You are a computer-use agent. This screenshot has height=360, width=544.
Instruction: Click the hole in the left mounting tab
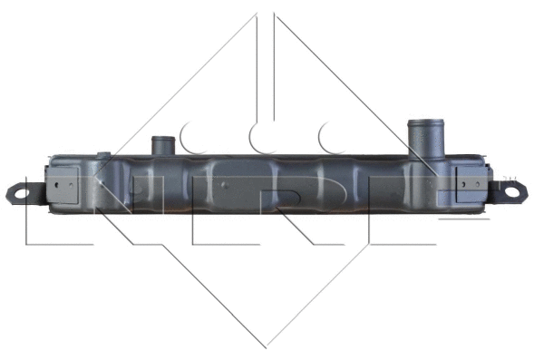(x=22, y=193)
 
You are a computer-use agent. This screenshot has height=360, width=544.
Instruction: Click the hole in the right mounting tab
(x=511, y=191)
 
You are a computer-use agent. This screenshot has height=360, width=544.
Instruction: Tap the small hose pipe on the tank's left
(x=163, y=146)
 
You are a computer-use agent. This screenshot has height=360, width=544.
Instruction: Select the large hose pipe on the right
(x=426, y=140)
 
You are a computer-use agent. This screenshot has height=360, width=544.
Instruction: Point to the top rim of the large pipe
(x=426, y=122)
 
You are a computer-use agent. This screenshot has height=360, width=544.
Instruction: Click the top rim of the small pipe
(x=163, y=139)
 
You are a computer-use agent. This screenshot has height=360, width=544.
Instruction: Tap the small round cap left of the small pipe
(x=103, y=155)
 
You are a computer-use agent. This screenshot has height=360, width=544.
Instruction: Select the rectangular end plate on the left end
(x=62, y=184)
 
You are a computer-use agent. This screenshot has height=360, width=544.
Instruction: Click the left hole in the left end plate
(x=56, y=185)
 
